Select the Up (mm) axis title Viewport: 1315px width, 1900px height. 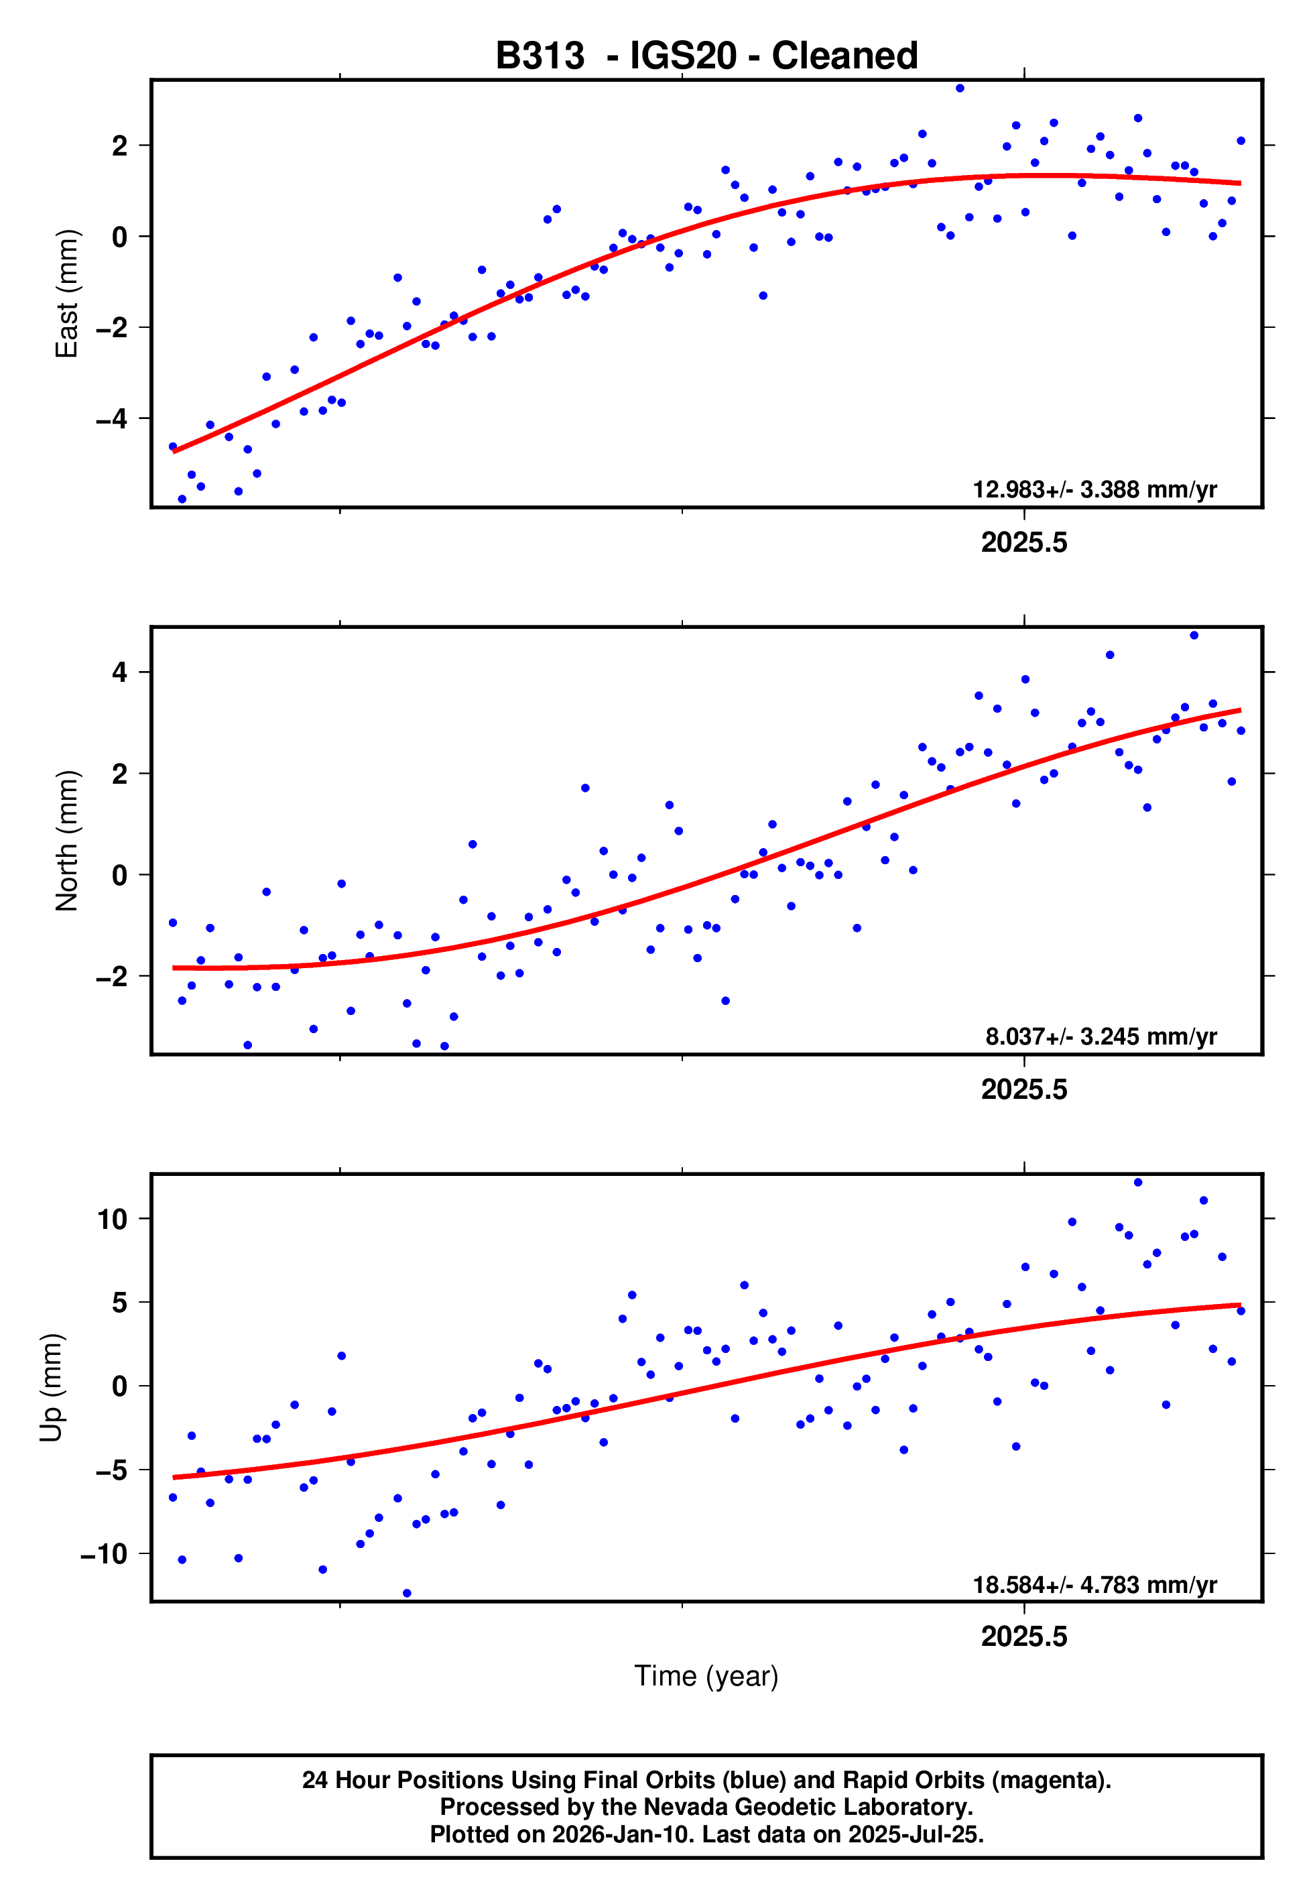coord(51,1388)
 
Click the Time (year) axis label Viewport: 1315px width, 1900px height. coord(706,1676)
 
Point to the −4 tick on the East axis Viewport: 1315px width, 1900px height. coord(112,418)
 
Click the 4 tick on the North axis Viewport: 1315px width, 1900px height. coord(120,672)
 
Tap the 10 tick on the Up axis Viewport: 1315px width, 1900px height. coord(112,1219)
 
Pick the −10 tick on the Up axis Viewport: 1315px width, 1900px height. coord(104,1554)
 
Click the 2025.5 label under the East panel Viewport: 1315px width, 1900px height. coord(1023,543)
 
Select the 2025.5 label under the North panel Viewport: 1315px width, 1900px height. coord(1023,1090)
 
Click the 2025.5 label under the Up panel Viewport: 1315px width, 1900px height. coord(1023,1637)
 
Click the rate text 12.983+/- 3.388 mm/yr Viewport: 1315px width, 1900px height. coord(1094,489)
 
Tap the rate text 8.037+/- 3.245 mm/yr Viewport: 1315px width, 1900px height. coord(1101,1036)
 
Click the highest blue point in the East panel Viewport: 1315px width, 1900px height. coord(960,88)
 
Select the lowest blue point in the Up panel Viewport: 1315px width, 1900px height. coord(407,1594)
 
